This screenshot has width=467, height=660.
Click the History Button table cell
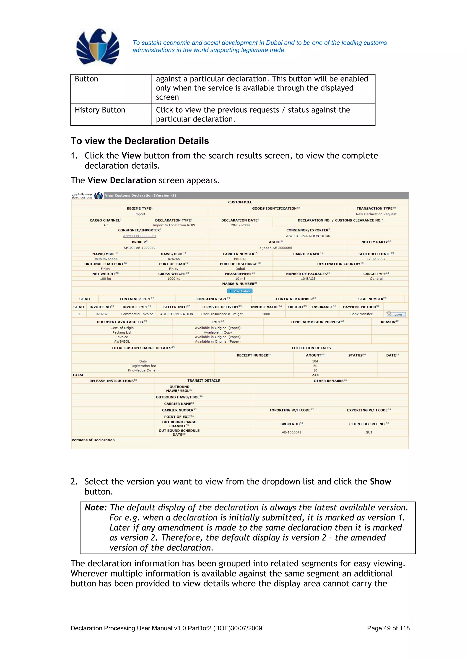tap(100, 110)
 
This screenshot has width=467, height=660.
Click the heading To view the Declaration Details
tap(140, 141)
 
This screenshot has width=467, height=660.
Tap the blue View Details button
tap(240, 291)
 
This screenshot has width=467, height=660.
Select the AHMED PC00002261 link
tap(140, 236)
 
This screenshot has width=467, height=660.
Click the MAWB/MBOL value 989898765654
tap(106, 259)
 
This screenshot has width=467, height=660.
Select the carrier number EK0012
tap(240, 259)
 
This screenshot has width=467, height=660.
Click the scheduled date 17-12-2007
tap(376, 259)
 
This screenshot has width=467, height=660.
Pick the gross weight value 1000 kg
tap(174, 279)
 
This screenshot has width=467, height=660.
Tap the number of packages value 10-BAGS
tap(308, 279)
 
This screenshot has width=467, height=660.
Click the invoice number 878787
tap(101, 314)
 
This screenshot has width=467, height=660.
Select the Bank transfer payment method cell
tap(361, 314)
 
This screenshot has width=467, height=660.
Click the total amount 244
tap(315, 375)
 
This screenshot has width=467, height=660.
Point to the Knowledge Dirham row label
tap(143, 370)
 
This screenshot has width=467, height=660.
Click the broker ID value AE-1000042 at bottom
tap(292, 432)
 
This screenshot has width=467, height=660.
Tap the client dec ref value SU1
tap(369, 432)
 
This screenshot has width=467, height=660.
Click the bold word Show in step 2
tap(380, 482)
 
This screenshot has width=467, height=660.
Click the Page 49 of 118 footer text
tap(388, 628)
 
